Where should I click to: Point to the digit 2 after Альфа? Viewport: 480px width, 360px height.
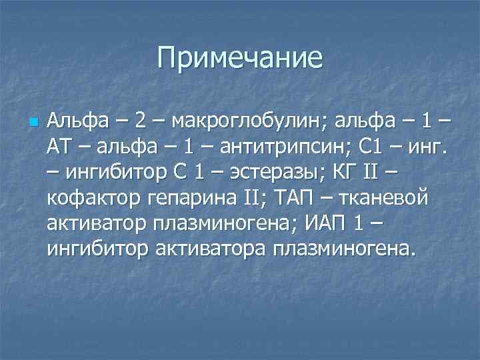coord(139,122)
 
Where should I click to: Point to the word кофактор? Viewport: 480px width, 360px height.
coord(90,199)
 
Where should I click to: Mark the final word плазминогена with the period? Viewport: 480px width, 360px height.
coord(344,249)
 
